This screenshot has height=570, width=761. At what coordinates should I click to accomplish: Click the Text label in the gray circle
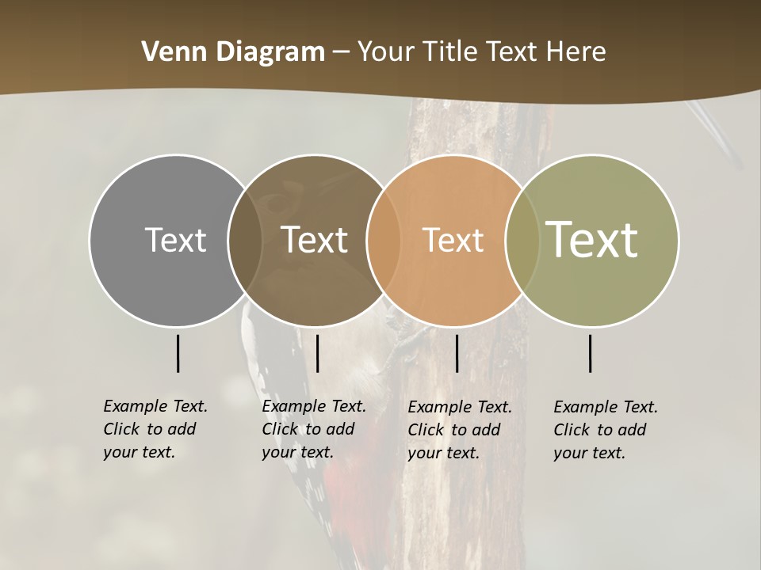click(175, 240)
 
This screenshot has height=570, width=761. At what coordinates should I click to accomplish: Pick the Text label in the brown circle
click(314, 240)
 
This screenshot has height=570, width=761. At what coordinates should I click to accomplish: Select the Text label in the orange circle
click(453, 240)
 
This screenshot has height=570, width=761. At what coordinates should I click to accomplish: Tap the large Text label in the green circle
click(591, 239)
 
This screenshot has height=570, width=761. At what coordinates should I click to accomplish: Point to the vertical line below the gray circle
click(178, 353)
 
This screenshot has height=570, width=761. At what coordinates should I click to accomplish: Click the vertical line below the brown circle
click(317, 353)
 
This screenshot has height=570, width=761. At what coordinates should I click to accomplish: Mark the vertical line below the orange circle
click(457, 353)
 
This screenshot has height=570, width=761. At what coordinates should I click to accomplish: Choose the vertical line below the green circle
click(591, 353)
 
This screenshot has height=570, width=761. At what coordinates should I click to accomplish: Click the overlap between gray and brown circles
click(245, 240)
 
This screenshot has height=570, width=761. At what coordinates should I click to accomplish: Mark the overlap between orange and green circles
click(522, 240)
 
